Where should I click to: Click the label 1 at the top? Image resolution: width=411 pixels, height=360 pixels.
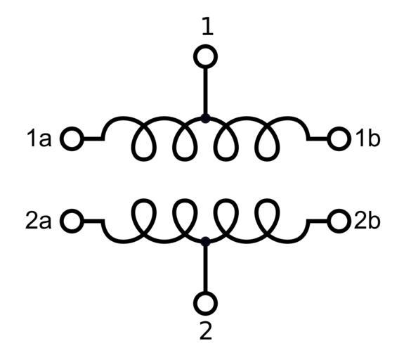(x=208, y=27)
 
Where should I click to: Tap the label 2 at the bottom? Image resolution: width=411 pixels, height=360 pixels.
(x=206, y=330)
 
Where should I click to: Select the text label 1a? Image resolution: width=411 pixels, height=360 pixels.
(x=39, y=139)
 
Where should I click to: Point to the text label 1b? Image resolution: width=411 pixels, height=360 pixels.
(x=367, y=138)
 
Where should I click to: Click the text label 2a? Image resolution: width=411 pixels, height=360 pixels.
(x=38, y=221)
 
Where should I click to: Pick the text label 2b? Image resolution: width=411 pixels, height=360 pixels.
(x=367, y=221)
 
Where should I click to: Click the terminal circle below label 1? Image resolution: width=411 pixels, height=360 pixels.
(x=205, y=57)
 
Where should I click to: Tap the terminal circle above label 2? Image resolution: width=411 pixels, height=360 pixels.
(x=205, y=303)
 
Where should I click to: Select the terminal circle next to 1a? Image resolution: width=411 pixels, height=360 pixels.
(x=72, y=139)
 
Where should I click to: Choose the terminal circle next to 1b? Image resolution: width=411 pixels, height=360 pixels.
(x=339, y=139)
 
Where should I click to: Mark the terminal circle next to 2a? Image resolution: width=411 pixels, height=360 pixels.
(x=72, y=221)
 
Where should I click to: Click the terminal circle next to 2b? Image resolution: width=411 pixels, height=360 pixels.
(x=339, y=221)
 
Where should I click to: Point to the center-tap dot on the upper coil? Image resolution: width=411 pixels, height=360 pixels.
(x=205, y=118)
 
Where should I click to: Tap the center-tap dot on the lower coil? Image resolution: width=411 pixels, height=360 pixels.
(x=205, y=242)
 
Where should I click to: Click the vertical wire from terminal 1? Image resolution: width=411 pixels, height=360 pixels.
(x=205, y=91)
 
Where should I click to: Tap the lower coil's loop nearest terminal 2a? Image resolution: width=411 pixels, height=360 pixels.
(x=143, y=200)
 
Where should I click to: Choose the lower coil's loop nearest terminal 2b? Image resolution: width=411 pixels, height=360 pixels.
(x=268, y=200)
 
